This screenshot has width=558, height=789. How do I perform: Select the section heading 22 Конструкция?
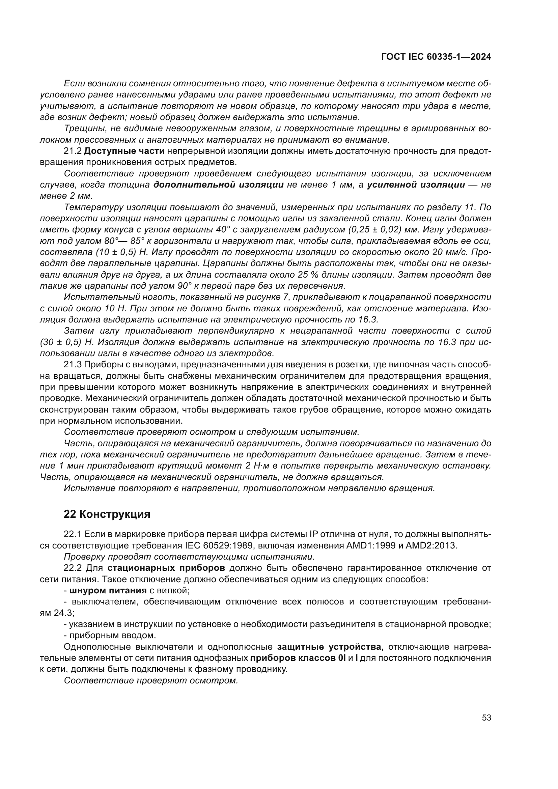coord(107,514)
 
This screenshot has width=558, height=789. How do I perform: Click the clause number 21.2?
coord(73,151)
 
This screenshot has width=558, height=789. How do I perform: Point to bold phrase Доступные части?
coord(124,151)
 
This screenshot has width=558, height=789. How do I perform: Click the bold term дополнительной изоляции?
coord(219,185)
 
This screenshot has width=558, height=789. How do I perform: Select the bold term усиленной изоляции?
coord(416,185)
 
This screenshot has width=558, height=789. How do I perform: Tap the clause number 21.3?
coord(73,365)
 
